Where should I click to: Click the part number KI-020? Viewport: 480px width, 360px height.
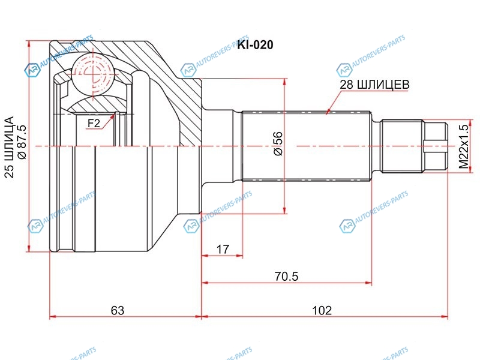coord(255,45)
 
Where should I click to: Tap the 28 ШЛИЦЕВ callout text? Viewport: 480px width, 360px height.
coord(374,85)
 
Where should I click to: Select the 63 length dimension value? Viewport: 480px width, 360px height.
coord(118,310)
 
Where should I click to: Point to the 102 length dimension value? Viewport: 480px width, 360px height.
coord(322,310)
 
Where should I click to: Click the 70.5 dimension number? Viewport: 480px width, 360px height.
coord(286,277)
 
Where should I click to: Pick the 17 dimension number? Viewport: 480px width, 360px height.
coord(223,249)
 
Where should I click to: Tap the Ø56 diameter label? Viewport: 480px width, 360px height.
coord(278,143)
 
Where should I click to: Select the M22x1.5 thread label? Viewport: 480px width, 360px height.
coord(464,146)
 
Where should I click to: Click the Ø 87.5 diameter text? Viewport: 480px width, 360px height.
coord(22,142)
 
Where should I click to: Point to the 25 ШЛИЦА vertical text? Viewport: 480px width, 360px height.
coord(9,147)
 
